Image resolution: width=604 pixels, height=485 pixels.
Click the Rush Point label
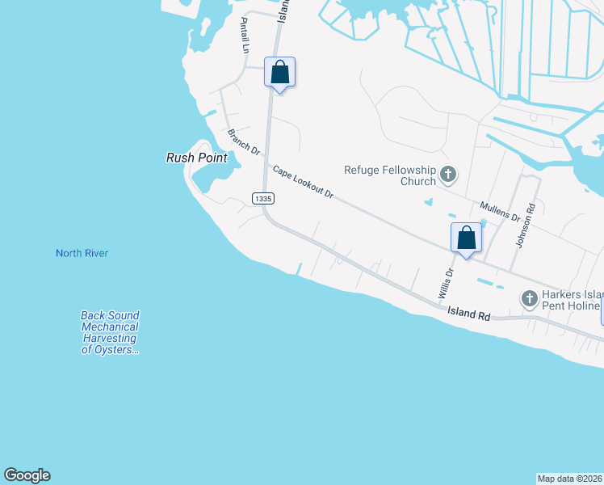pos(191,158)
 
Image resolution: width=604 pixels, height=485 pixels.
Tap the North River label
pos(82,253)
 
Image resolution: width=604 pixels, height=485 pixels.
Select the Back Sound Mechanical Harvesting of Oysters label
pos(110,333)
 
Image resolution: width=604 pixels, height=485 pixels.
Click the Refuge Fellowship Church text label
pos(390,175)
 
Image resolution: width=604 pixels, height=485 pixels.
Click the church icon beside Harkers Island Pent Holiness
pos(530,299)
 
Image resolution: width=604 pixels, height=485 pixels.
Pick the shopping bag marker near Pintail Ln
pos(279,72)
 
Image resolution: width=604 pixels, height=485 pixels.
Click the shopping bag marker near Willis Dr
pos(466,238)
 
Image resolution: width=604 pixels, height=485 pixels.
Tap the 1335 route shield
pos(262,198)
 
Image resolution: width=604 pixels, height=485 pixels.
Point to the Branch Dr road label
pos(244,142)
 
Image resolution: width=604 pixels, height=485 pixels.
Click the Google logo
pos(27,475)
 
